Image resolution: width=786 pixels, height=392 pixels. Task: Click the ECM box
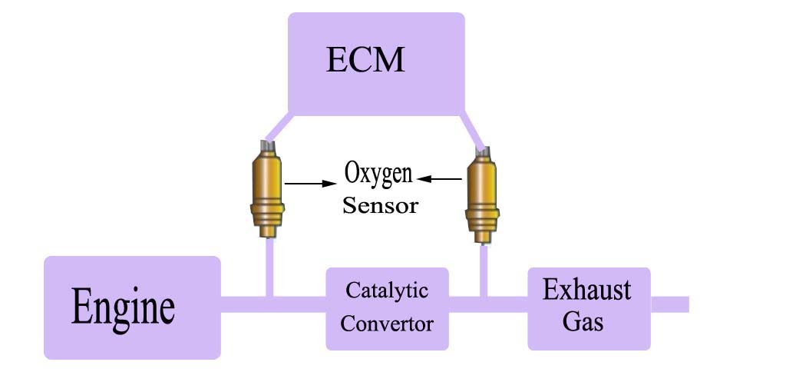pos(376,64)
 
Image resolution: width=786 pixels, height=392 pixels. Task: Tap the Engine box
pos(132,307)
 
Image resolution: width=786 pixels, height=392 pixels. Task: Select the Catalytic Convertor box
pos(387,309)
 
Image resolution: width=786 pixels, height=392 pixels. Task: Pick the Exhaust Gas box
pos(589,309)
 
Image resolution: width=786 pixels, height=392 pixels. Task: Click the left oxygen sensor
pos(267,189)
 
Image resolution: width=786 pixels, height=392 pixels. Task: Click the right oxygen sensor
pos(482,195)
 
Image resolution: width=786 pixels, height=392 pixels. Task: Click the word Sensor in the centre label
pos(380,206)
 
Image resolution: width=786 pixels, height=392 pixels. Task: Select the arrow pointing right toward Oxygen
pos(310,184)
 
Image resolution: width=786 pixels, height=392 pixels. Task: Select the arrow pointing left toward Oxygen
pos(439,178)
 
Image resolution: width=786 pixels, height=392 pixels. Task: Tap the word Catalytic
pos(387,291)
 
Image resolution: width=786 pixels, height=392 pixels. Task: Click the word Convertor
pos(387,324)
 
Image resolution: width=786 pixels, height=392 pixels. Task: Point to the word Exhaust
pos(587,290)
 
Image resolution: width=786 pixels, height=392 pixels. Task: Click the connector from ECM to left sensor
pos(278,127)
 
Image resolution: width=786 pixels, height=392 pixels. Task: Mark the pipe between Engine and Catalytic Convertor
pos(273,304)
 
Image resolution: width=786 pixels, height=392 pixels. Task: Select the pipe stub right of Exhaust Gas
pos(669,304)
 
